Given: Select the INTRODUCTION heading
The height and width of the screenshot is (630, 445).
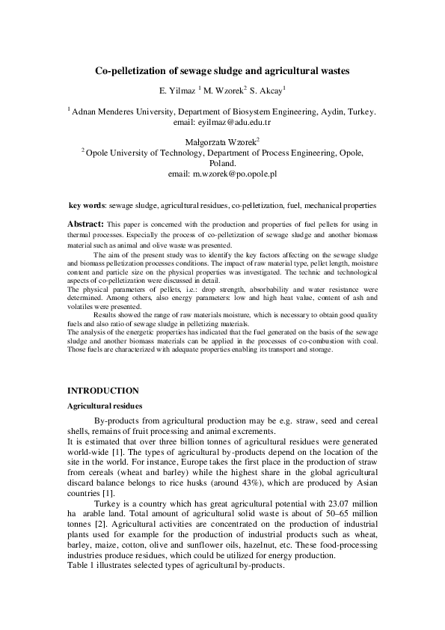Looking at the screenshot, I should click(x=103, y=391).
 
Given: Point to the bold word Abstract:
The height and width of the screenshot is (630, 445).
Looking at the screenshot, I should click(x=85, y=224).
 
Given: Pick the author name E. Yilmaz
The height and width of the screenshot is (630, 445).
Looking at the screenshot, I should click(x=177, y=90).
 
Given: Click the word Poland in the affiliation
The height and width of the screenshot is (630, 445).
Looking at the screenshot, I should click(x=222, y=162).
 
